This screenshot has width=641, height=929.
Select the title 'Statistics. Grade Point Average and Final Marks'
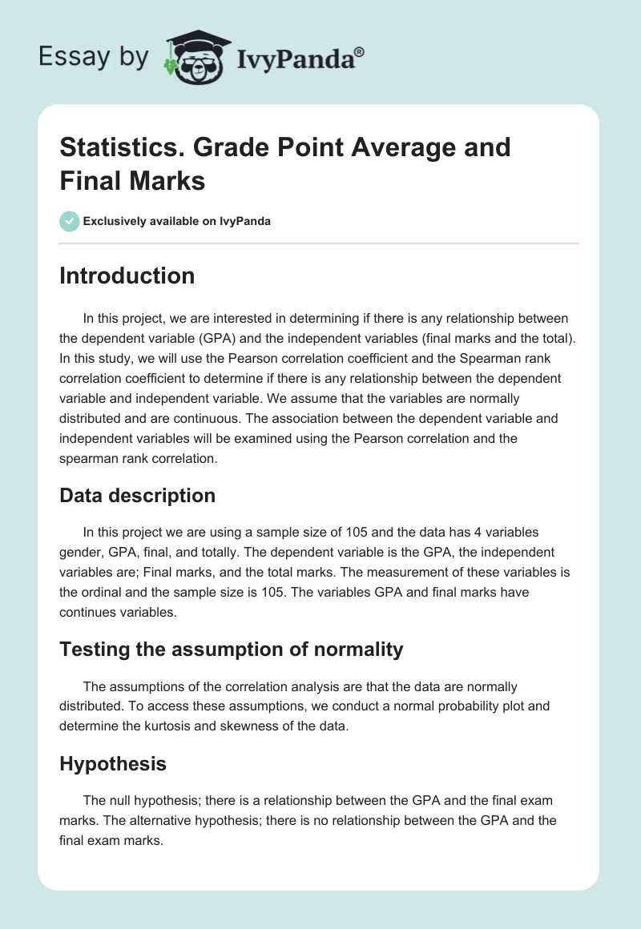pos(285,164)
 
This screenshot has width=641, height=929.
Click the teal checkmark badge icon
pos(69,221)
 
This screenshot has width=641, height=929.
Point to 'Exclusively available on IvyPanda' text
pos(177,221)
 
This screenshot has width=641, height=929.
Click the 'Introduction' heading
pos(127,275)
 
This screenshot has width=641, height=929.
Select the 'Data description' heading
pos(137,496)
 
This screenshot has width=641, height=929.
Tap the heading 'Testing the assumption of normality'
pos(231,649)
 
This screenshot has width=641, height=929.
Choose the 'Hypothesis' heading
pos(113,764)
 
